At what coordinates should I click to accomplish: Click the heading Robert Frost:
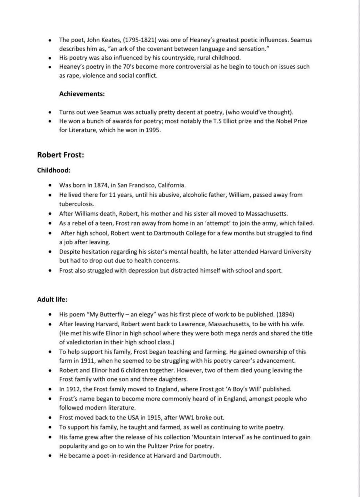click(x=60, y=155)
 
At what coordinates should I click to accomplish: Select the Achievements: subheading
click(x=82, y=94)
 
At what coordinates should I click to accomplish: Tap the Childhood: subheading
click(x=54, y=170)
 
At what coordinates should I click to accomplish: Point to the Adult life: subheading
click(x=52, y=299)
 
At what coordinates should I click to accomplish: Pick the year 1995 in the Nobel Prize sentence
click(x=153, y=130)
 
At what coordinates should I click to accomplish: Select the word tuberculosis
click(x=77, y=204)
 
